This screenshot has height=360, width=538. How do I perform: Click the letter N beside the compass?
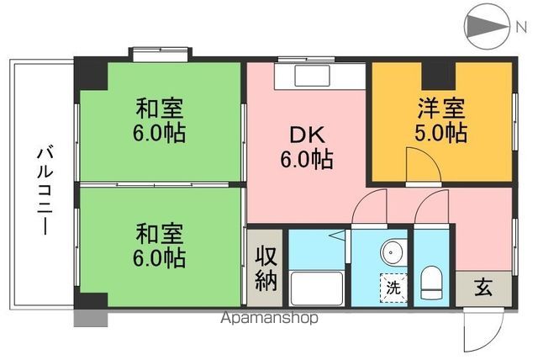[x=520, y=27]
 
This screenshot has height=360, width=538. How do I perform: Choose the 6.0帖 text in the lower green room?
[x=161, y=255]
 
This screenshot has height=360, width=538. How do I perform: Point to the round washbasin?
[x=393, y=252]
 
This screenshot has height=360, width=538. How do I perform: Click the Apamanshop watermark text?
[x=268, y=319]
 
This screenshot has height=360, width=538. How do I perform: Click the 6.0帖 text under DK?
[x=306, y=158]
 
